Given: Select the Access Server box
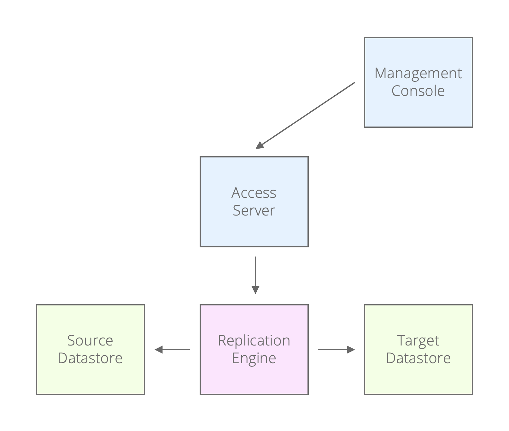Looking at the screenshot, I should pyautogui.click(x=254, y=230).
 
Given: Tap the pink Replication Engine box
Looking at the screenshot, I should pyautogui.click(x=254, y=379).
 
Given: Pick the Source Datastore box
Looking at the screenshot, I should pyautogui.click(x=90, y=379).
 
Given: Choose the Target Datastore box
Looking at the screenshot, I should pyautogui.click(x=418, y=379).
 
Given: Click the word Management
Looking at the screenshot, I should pyautogui.click(x=418, y=74).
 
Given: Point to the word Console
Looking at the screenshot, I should pyautogui.click(x=418, y=91).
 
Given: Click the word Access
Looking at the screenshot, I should pyautogui.click(x=254, y=193).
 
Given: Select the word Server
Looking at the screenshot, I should pyautogui.click(x=254, y=210).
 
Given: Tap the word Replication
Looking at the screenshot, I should pyautogui.click(x=254, y=341).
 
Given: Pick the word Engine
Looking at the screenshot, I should pyautogui.click(x=254, y=358).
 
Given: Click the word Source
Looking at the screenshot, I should pyautogui.click(x=90, y=341).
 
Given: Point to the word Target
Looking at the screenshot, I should pyautogui.click(x=418, y=341).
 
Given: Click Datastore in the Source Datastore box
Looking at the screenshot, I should pyautogui.click(x=90, y=358).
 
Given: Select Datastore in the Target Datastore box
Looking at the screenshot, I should pyautogui.click(x=418, y=358).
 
